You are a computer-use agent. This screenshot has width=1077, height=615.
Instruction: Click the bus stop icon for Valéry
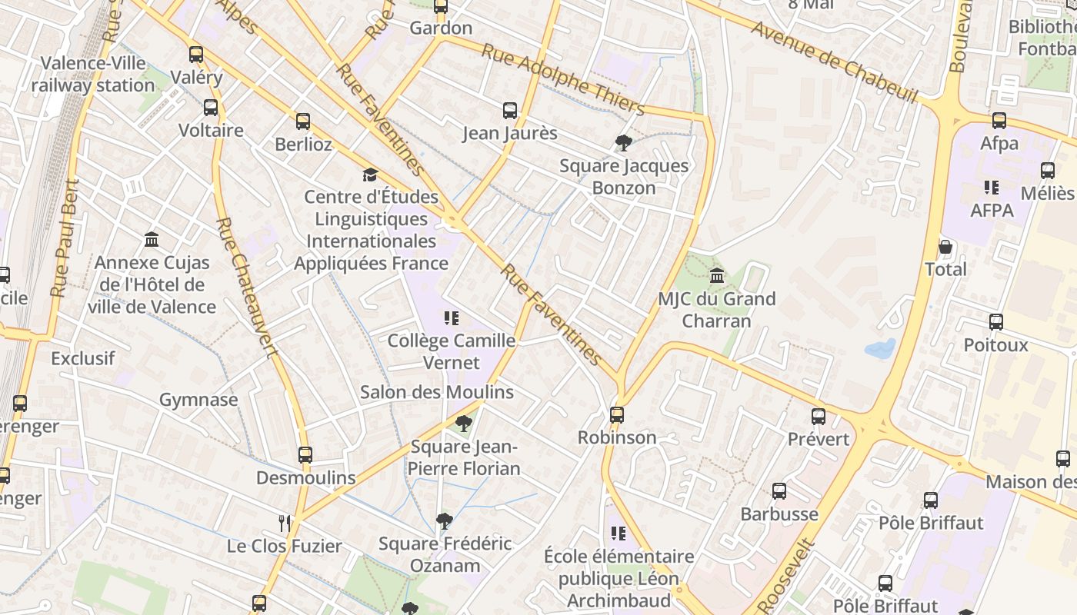(x=196, y=55)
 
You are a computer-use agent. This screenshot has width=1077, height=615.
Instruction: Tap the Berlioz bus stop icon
(x=303, y=121)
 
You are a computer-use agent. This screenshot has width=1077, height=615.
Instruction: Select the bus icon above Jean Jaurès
(x=510, y=111)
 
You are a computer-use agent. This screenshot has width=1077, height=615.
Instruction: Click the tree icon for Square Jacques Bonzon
(x=624, y=142)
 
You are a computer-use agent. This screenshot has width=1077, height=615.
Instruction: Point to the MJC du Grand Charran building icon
(x=717, y=276)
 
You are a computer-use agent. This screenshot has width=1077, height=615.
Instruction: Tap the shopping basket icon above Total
(x=945, y=247)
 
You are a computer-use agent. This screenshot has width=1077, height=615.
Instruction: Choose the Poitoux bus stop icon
(x=996, y=322)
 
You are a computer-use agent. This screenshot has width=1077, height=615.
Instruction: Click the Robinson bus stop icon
(x=617, y=415)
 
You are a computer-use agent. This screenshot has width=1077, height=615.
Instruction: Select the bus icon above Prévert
(x=819, y=417)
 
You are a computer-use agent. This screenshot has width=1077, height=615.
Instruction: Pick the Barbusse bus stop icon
(x=779, y=491)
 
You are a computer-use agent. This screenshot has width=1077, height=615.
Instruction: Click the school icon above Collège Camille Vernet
(x=452, y=317)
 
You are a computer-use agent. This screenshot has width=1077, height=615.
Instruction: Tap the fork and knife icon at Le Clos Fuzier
(x=285, y=524)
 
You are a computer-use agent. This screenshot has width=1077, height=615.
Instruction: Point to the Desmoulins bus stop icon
(x=305, y=455)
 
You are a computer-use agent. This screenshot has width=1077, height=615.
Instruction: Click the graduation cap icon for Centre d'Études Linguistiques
(x=371, y=175)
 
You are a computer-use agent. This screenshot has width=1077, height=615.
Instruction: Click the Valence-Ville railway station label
(x=93, y=74)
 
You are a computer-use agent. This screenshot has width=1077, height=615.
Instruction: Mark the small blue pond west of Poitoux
(x=880, y=349)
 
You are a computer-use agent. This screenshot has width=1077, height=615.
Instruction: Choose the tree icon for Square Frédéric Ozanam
(x=444, y=521)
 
